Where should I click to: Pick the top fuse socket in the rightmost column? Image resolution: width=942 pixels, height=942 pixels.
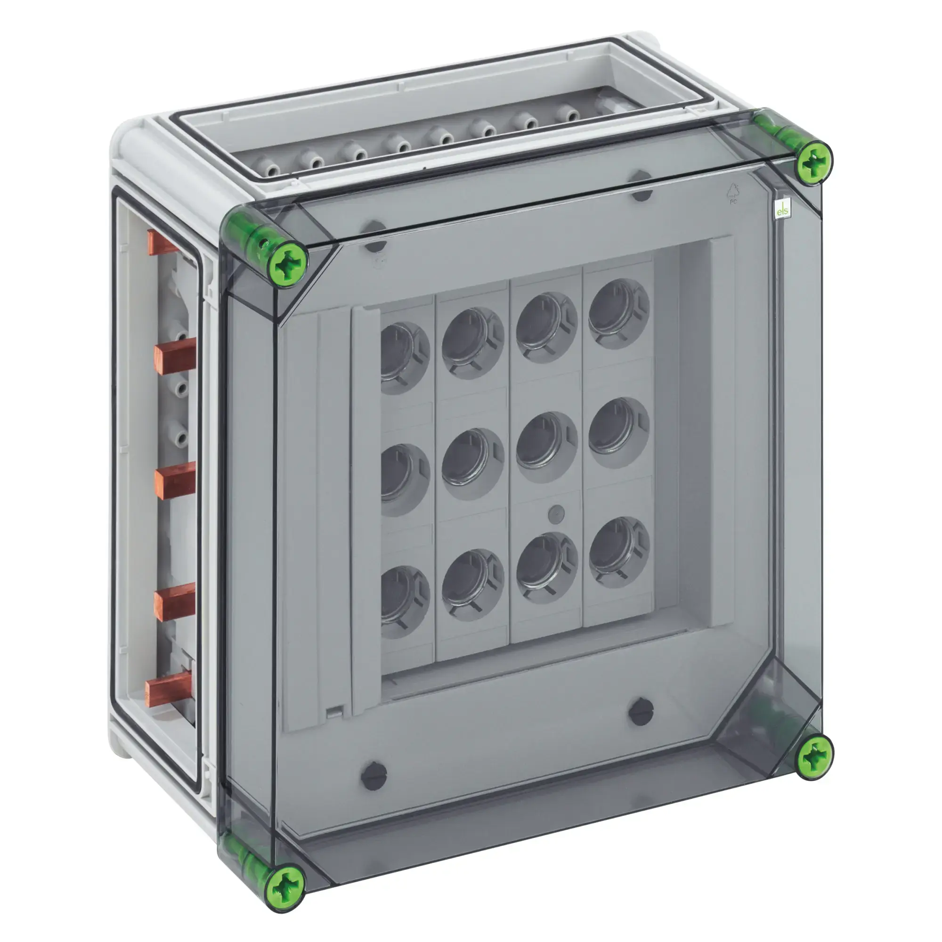pos(618,314)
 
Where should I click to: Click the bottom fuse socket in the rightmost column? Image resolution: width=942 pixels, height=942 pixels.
pos(618,553)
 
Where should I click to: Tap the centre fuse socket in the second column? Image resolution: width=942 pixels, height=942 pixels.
pos(472,463)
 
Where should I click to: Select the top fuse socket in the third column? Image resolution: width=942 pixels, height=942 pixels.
pos(546,327)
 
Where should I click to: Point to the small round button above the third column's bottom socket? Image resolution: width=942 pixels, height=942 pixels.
pos(556,512)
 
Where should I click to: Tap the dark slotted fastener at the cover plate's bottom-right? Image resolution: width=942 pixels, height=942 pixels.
pos(641,712)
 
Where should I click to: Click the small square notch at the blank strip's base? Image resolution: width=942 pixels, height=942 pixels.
pos(334,713)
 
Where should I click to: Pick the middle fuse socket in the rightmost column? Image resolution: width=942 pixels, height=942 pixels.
pos(618,433)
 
